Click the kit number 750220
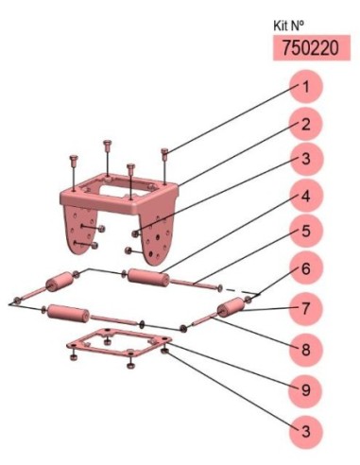[311, 48]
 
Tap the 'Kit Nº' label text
[289, 26]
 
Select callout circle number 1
[306, 87]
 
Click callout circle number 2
[306, 124]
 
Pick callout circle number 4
[306, 197]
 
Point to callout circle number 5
[306, 232]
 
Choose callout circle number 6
[306, 268]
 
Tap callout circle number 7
[306, 308]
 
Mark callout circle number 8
[306, 350]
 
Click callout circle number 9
[306, 390]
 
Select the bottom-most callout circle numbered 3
[306, 431]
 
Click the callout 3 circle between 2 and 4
[306, 159]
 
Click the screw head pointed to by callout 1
[164, 152]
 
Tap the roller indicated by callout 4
[148, 277]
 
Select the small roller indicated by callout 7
[231, 305]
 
